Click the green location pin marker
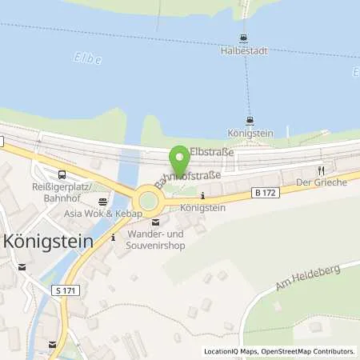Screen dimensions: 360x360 point(180,157)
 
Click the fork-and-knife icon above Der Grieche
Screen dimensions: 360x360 point(321,170)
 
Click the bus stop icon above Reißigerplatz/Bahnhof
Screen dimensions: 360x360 point(62,174)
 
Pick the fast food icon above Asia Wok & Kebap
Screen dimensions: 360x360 point(102,202)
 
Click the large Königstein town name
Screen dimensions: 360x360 point(50,240)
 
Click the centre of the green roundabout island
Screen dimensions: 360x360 point(148,201)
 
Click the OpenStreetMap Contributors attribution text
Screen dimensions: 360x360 point(310,351)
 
